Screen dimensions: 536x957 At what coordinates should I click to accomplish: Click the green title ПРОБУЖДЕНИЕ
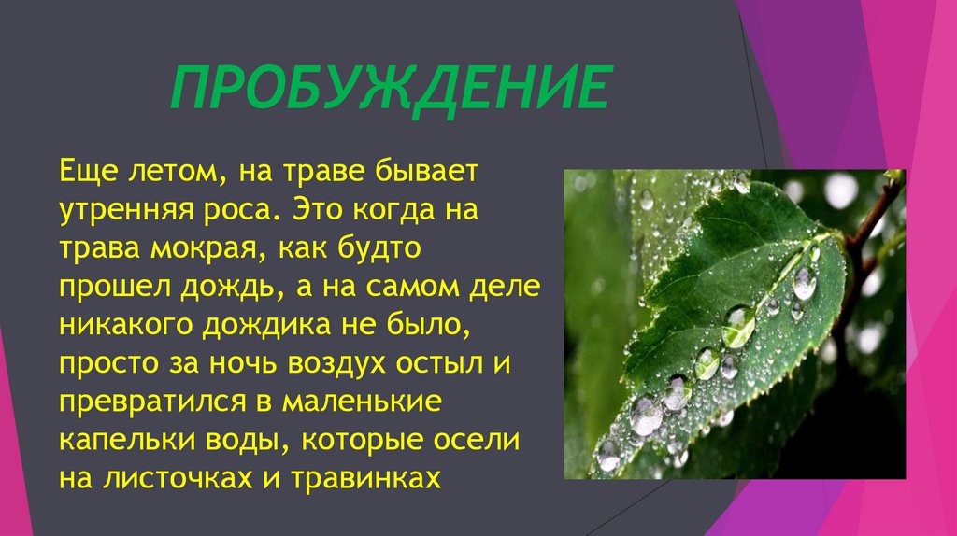click(x=389, y=92)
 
